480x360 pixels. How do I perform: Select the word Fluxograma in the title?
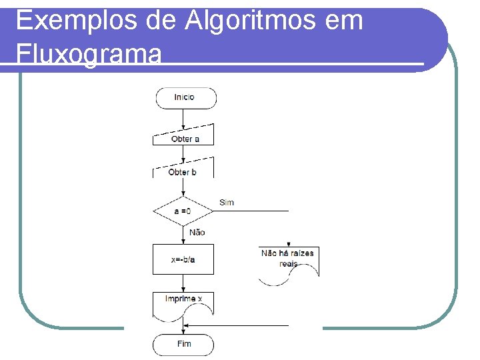[89, 53]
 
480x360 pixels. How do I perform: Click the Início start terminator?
[186, 97]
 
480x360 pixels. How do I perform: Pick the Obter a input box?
[185, 135]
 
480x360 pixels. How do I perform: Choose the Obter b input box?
[183, 168]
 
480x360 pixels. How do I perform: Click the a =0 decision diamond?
[183, 211]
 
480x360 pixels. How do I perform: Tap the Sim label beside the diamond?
[227, 202]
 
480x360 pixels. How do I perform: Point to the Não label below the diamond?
[197, 232]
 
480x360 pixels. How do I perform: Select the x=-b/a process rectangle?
[183, 259]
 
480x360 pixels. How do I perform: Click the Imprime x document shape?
[183, 302]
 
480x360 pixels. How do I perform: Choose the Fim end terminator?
[184, 344]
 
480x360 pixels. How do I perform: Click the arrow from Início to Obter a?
[183, 117]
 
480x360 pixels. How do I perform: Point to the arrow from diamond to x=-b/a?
[183, 234]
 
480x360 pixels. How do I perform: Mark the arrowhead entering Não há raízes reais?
[288, 245]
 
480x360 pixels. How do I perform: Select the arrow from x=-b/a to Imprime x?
[183, 283]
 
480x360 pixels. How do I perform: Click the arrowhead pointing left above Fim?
[187, 325]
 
